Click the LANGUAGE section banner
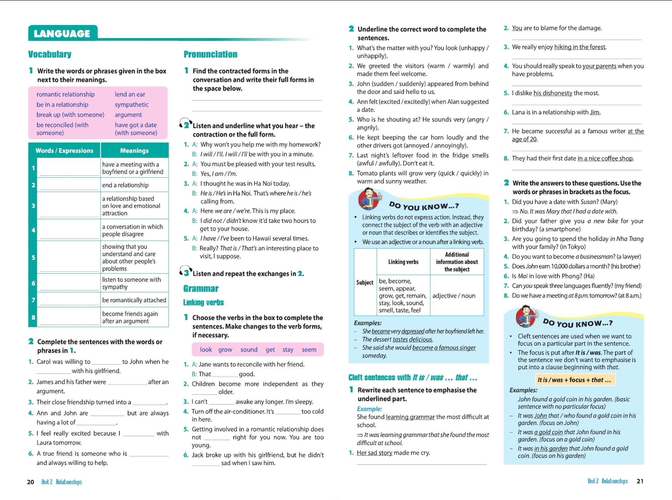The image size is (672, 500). [62, 33]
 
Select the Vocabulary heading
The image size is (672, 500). [50, 54]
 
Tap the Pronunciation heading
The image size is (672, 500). [210, 54]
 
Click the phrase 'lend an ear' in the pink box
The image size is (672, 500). [130, 94]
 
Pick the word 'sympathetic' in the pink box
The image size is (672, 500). [131, 105]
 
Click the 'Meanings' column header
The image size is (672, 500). [134, 150]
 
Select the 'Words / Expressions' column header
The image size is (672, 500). [64, 150]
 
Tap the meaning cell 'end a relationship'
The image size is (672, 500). [125, 185]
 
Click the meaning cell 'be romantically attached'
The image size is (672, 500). [134, 300]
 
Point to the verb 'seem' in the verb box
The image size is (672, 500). [309, 350]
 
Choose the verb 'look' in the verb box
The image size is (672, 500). [206, 350]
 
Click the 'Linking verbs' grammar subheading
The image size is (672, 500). [203, 302]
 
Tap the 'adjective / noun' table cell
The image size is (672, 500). [454, 296]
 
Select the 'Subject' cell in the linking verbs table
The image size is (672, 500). [365, 282]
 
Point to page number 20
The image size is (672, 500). [30, 482]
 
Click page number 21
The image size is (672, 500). [640, 481]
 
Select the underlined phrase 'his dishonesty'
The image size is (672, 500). [553, 93]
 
